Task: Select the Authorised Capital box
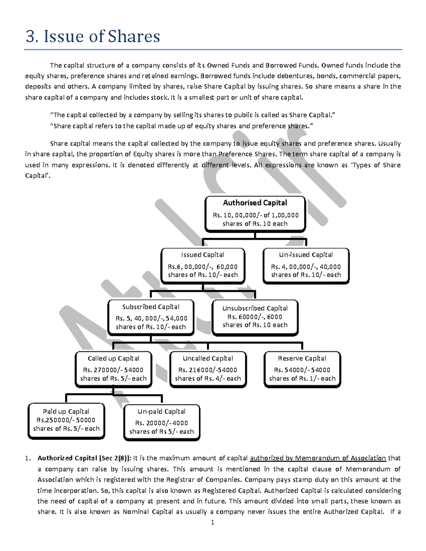tap(255, 214)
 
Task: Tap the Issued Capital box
tap(203, 265)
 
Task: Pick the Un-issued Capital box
tap(306, 265)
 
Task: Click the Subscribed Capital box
tap(151, 317)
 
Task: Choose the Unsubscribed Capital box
tap(255, 317)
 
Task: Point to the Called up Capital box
tap(113, 369)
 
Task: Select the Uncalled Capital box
tap(208, 369)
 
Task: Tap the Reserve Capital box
tap(302, 369)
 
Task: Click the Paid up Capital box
tap(66, 420)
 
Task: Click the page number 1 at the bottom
tap(212, 522)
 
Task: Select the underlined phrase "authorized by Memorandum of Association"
tap(318, 458)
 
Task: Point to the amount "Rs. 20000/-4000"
tap(162, 423)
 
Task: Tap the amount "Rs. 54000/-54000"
tap(302, 370)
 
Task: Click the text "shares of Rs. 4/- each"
tap(208, 379)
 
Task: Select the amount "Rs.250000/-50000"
tap(66, 420)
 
